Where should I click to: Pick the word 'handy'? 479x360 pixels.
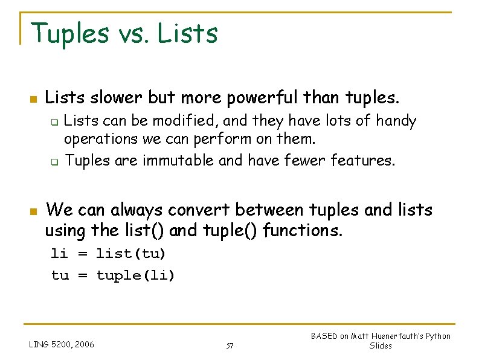point(396,121)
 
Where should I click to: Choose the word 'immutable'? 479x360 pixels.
point(176,161)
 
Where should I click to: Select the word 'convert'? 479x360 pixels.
point(200,210)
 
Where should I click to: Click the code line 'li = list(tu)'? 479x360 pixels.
point(108,252)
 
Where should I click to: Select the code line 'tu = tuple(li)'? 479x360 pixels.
point(113,275)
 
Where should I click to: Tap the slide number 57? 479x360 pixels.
point(230,346)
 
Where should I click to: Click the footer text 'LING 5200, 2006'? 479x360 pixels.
point(62,345)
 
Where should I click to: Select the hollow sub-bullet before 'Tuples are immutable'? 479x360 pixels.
point(53,162)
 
